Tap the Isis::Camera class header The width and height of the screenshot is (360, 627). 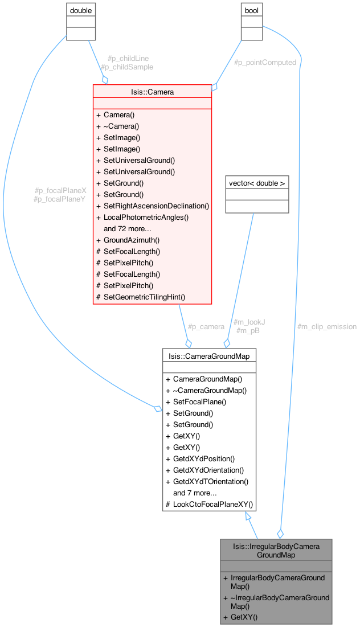[x=152, y=91]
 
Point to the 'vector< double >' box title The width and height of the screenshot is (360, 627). [x=257, y=183]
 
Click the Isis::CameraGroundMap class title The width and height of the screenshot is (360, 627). [x=209, y=355]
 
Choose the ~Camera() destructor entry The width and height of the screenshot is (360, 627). [x=121, y=126]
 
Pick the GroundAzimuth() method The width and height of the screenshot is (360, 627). [x=132, y=240]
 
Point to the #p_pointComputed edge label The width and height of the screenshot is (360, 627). [x=265, y=63]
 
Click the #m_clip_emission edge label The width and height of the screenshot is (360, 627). [x=327, y=326]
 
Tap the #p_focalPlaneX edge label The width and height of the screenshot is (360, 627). [x=60, y=190]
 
